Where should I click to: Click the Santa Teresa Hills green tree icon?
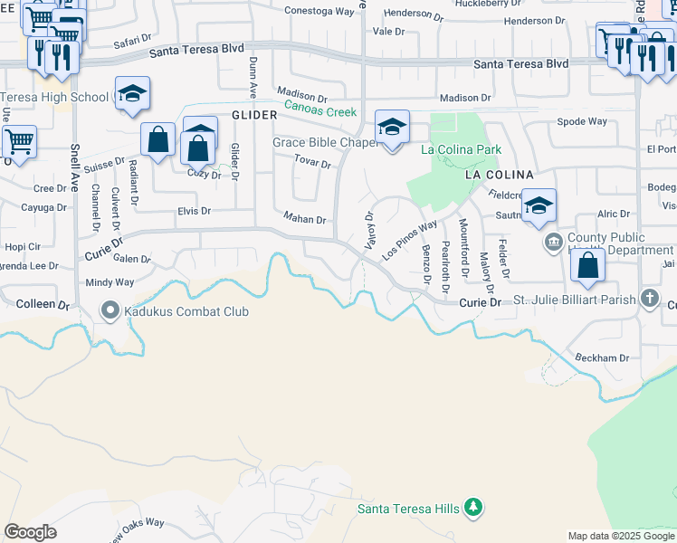(x=472, y=508)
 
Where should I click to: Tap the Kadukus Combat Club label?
(x=186, y=311)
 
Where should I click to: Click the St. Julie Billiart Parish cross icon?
(x=649, y=298)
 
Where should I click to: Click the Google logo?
(x=30, y=532)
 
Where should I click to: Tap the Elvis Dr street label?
(x=193, y=211)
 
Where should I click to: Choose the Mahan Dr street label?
(x=304, y=218)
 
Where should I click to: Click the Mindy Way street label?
(x=110, y=282)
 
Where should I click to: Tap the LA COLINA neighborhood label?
(x=499, y=174)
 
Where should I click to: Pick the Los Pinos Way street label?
(x=410, y=240)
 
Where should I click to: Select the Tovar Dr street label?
(x=313, y=161)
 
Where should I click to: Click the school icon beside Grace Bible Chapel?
(x=393, y=128)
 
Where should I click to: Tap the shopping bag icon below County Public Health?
(x=588, y=265)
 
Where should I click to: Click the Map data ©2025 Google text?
(x=620, y=536)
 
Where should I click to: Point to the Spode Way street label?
(x=582, y=121)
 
